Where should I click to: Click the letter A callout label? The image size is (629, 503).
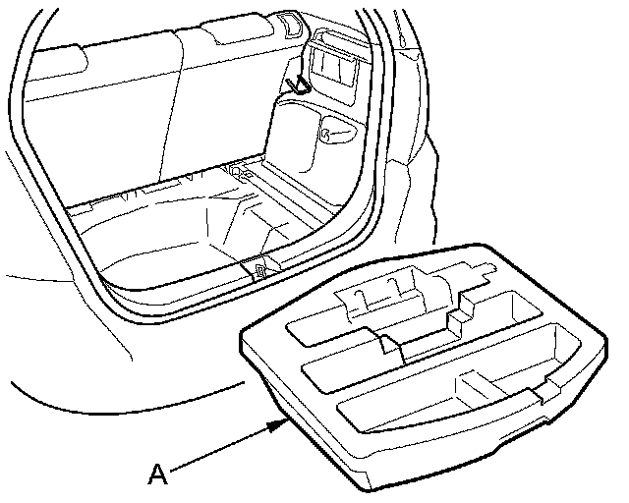tap(156, 475)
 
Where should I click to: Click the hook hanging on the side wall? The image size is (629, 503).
tap(299, 83)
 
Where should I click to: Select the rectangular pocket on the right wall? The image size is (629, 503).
tap(335, 64)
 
